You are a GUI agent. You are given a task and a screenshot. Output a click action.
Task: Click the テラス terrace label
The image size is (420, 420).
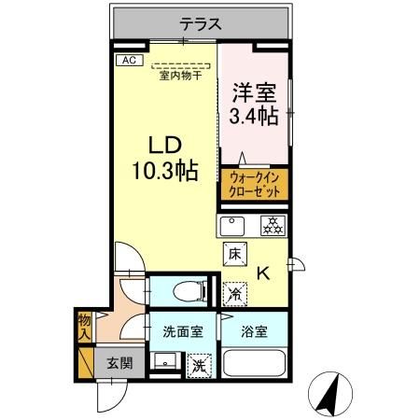[x=200, y=25]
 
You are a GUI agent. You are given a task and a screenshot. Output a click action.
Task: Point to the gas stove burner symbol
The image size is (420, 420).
[x=272, y=225]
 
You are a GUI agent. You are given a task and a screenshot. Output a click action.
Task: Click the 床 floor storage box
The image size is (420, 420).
[x=234, y=253]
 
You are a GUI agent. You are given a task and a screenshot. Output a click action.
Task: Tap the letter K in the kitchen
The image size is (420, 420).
[x=264, y=273]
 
